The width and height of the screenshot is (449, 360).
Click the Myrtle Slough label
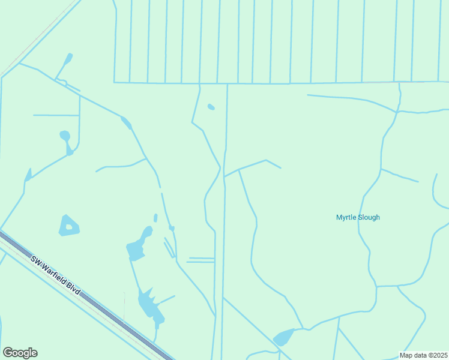click(x=358, y=217)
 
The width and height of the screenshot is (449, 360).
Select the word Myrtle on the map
click(x=346, y=217)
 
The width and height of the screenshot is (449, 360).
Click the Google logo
click(x=20, y=353)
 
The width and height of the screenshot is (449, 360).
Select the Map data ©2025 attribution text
click(x=424, y=355)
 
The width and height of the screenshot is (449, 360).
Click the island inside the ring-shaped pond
click(x=68, y=227)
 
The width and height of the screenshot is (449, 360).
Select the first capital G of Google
click(x=8, y=353)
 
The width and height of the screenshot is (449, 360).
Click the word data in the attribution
click(x=420, y=355)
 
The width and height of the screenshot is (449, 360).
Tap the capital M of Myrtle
click(x=339, y=217)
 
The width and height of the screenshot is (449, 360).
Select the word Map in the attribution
click(x=406, y=355)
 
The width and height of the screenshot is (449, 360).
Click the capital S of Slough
click(x=360, y=217)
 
